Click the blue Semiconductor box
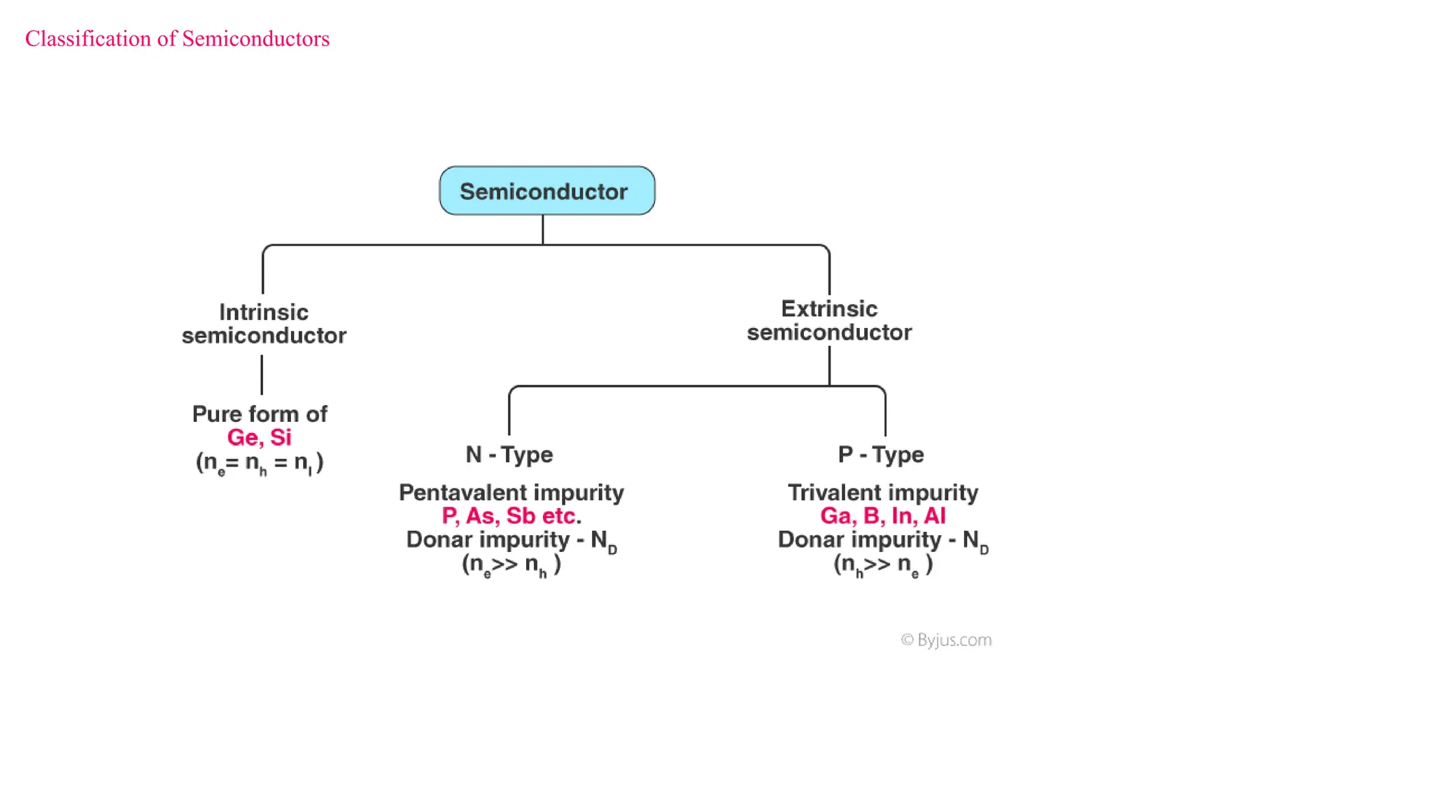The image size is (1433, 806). click(x=546, y=191)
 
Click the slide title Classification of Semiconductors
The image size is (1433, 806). click(x=177, y=38)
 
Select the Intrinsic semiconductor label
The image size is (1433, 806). click(x=264, y=323)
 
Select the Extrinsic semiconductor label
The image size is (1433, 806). click(x=829, y=320)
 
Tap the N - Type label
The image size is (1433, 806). click(x=509, y=455)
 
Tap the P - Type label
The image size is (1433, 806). click(x=881, y=455)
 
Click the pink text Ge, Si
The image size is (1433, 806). click(x=259, y=437)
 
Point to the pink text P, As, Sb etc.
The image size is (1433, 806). click(x=511, y=516)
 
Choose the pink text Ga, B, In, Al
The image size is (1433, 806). click(x=883, y=516)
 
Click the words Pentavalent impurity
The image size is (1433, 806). click(x=511, y=493)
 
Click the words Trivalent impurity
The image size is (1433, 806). click(x=883, y=493)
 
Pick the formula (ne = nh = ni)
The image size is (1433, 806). click(x=260, y=462)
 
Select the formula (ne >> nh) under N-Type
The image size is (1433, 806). click(x=511, y=564)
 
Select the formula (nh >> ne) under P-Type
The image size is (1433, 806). click(x=883, y=564)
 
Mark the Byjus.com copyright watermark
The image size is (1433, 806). click(x=946, y=640)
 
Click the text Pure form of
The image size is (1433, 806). click(x=260, y=414)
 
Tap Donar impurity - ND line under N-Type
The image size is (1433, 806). click(x=511, y=540)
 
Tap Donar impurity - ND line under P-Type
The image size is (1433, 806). click(x=883, y=540)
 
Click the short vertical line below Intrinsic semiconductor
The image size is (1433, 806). click(x=262, y=375)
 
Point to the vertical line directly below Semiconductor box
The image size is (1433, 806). click(x=543, y=229)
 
